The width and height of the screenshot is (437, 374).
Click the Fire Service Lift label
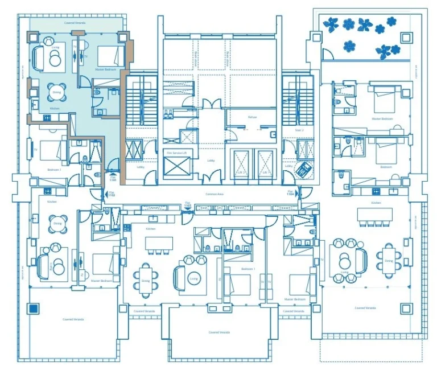click(x=177, y=153)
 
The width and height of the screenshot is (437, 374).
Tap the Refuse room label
click(x=252, y=117)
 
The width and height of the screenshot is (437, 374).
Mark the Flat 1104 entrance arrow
click(x=291, y=195)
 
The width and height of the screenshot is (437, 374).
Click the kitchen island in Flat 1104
click(x=374, y=214)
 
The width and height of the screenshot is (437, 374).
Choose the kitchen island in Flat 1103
click(x=159, y=244)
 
